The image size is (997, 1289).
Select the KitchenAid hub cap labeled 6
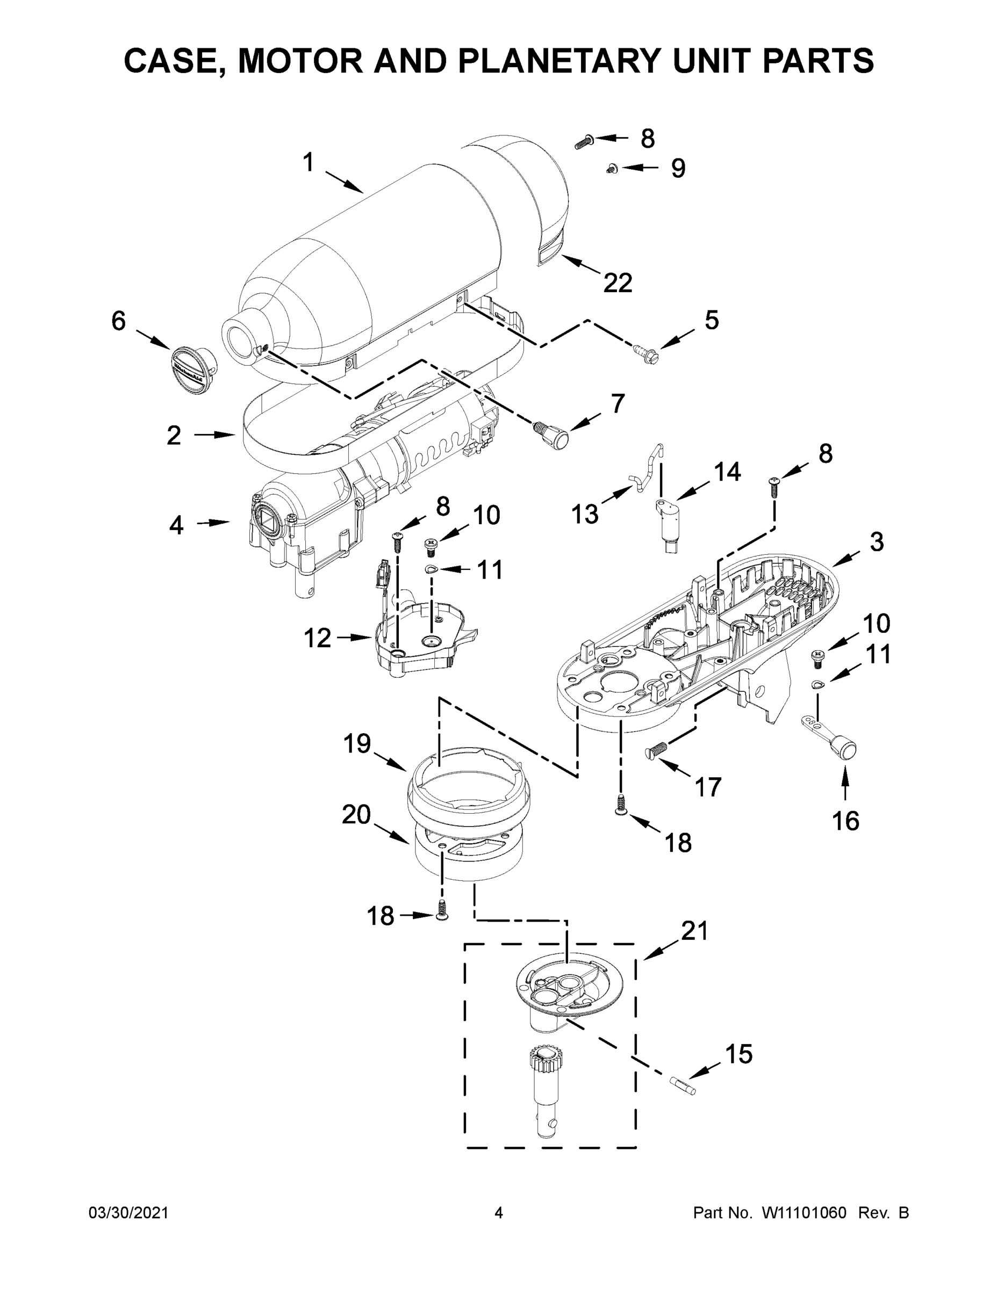tap(192, 370)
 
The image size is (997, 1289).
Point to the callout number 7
tap(617, 404)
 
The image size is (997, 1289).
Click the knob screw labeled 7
tap(553, 437)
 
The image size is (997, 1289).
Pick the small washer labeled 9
tap(611, 169)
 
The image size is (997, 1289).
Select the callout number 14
tap(727, 472)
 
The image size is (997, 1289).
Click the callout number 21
tap(694, 931)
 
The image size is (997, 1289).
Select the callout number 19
tap(357, 744)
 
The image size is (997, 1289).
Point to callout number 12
tap(317, 638)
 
